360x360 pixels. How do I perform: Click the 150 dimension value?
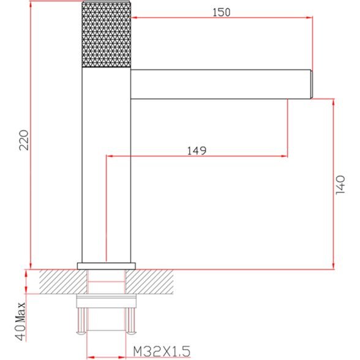point(221,12)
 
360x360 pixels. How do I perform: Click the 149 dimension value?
point(197,151)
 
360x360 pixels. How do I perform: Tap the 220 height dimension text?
point(24,140)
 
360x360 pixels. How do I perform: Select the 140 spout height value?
point(340,185)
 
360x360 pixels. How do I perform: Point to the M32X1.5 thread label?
point(162,351)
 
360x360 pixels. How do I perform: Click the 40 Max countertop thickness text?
point(20,321)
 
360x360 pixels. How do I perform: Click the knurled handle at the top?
point(107,34)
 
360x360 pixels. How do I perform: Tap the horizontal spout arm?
point(220,84)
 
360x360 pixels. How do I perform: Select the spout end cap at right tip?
point(312,84)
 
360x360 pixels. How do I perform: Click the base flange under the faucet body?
point(107,266)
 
